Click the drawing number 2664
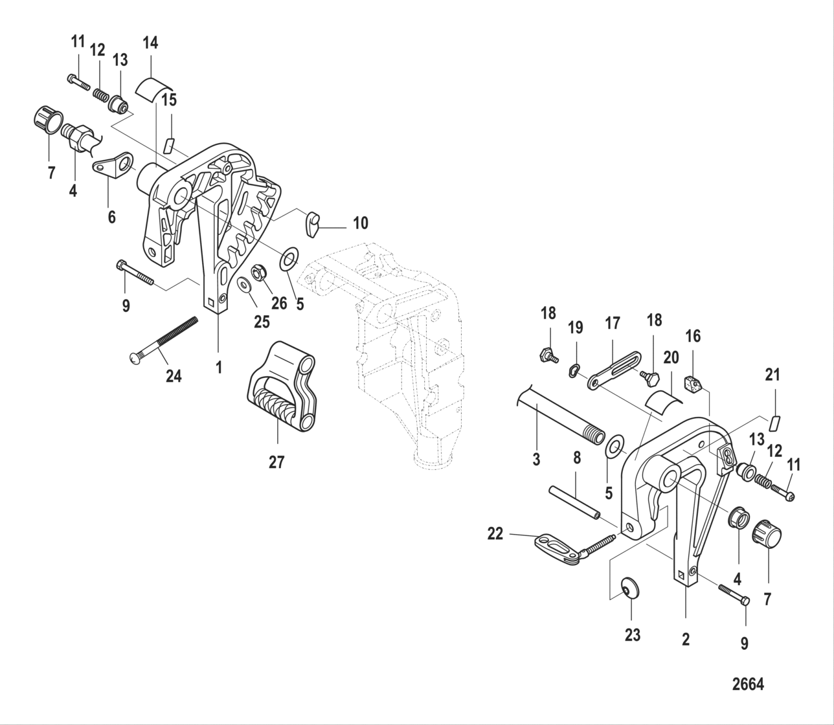point(747,684)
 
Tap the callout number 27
point(276,462)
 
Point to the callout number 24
point(174,375)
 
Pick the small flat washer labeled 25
point(245,285)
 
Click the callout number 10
point(360,223)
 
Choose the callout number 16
point(692,336)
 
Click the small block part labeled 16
point(693,385)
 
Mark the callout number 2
point(686,640)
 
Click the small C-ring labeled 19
point(572,371)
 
